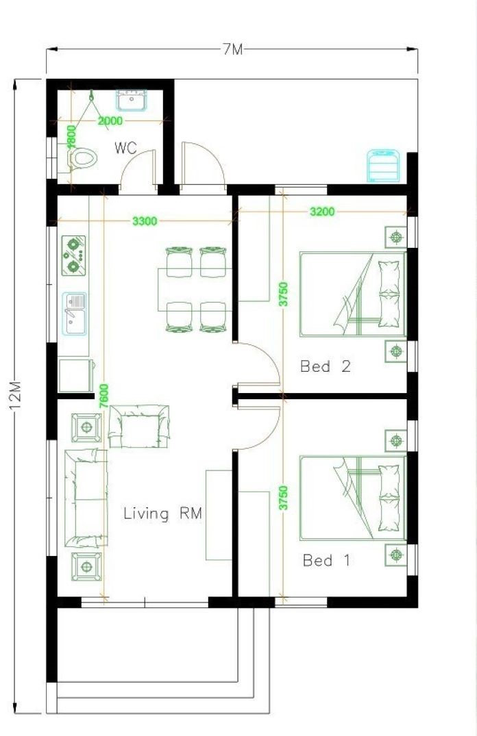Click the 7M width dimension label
click(x=232, y=49)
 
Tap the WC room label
click(x=125, y=148)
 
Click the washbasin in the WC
click(x=132, y=101)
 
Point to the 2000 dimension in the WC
click(x=110, y=121)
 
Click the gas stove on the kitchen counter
click(x=73, y=255)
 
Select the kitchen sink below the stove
click(x=74, y=314)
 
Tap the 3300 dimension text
click(x=145, y=221)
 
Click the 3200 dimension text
click(x=322, y=212)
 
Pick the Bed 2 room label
click(x=326, y=366)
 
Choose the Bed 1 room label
click(x=326, y=560)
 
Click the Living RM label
click(x=162, y=513)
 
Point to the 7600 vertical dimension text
click(x=104, y=396)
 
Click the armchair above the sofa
click(x=139, y=426)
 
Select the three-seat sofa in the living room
click(x=86, y=498)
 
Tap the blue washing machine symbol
click(x=384, y=166)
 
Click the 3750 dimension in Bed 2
click(x=283, y=294)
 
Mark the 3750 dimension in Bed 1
click(x=283, y=498)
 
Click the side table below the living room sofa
click(x=86, y=567)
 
